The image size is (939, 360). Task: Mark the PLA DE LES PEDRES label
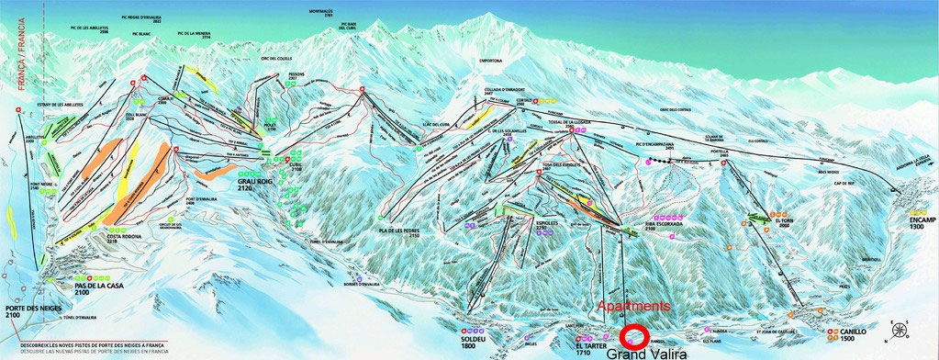[x=402, y=231]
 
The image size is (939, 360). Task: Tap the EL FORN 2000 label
[x=783, y=224]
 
